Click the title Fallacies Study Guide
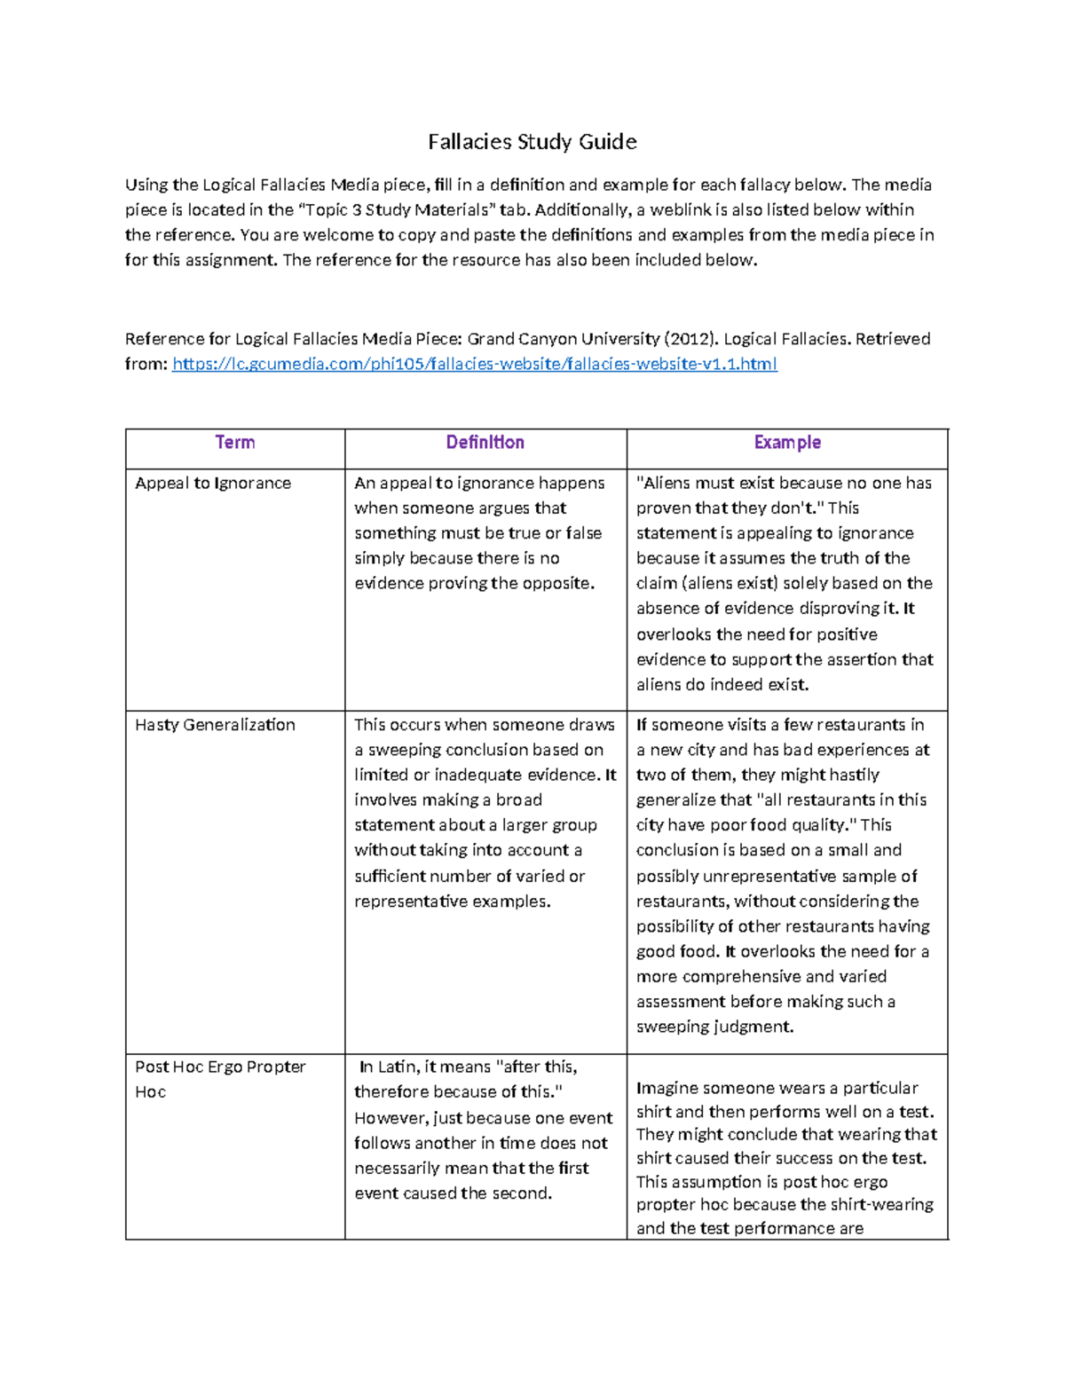point(532,142)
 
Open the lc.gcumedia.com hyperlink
point(474,364)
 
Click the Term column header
point(234,442)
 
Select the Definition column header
point(485,442)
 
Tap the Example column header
point(786,442)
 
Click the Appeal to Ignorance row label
point(213,483)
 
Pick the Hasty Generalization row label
point(215,724)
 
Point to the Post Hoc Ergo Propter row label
point(220,1067)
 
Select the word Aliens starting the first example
point(665,483)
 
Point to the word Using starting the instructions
point(146,185)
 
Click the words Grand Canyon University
point(563,339)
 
